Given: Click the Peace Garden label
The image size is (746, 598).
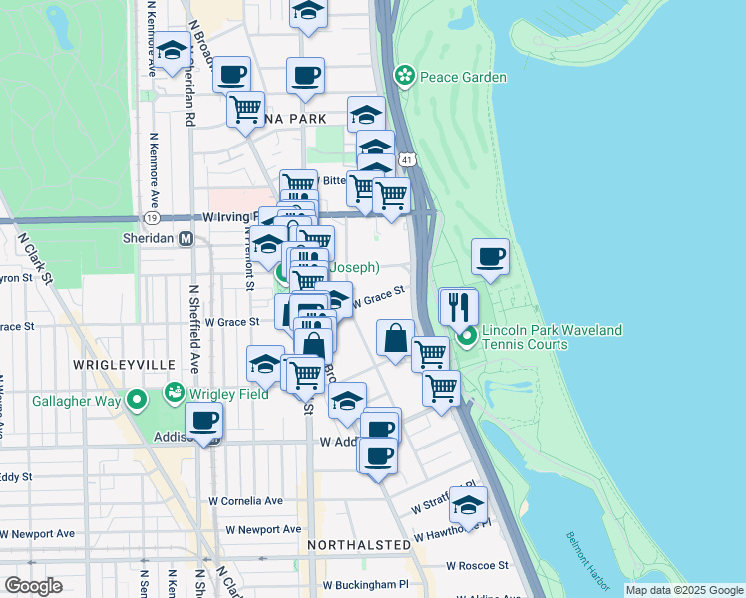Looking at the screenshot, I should [x=463, y=77].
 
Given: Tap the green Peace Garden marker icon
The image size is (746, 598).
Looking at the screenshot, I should [x=405, y=75].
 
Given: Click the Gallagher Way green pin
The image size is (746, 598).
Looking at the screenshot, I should [x=138, y=401].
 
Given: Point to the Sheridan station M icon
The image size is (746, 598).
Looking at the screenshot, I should [x=185, y=239].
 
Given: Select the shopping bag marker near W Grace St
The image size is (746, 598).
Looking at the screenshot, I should [x=396, y=339].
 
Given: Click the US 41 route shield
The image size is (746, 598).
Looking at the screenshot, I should [x=407, y=159].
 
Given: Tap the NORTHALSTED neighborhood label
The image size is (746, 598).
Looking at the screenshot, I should [x=358, y=545].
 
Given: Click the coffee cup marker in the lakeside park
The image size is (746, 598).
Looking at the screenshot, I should [x=490, y=256].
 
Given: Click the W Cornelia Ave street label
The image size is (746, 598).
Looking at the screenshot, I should [x=245, y=501].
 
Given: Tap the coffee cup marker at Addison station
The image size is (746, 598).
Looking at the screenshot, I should [x=204, y=422].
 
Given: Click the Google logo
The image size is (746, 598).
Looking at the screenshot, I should [x=33, y=585].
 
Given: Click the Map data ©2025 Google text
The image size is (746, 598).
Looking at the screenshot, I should [x=683, y=590].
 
